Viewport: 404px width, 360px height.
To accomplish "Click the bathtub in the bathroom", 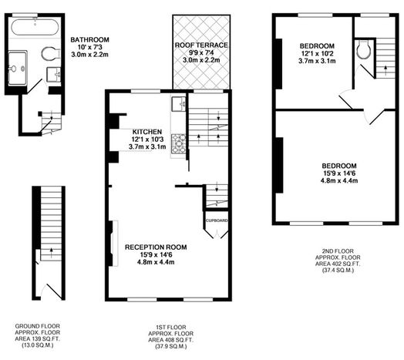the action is (35, 27).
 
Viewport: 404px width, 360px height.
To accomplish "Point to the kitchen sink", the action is (179, 104).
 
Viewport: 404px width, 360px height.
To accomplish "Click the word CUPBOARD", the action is (217, 220).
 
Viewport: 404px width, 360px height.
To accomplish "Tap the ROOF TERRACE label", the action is (201, 45).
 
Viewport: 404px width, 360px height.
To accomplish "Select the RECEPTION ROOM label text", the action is (156, 247).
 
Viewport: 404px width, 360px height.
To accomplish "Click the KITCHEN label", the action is (147, 132).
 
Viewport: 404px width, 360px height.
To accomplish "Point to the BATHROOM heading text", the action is (89, 39).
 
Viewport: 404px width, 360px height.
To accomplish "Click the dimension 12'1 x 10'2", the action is (317, 54).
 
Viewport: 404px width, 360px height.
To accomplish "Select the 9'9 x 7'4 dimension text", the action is (201, 53).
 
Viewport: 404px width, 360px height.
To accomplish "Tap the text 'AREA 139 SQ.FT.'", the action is (37, 339).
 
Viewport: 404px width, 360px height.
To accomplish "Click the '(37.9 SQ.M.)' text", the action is (170, 347).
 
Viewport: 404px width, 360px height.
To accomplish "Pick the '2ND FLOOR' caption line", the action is (338, 251).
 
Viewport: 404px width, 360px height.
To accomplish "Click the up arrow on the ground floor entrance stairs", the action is (52, 251).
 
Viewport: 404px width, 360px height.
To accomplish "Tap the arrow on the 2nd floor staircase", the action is (385, 69).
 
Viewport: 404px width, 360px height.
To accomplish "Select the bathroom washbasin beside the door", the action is (54, 75).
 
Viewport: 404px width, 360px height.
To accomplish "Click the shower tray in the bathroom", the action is (17, 68).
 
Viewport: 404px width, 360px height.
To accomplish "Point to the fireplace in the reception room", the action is (113, 244).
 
